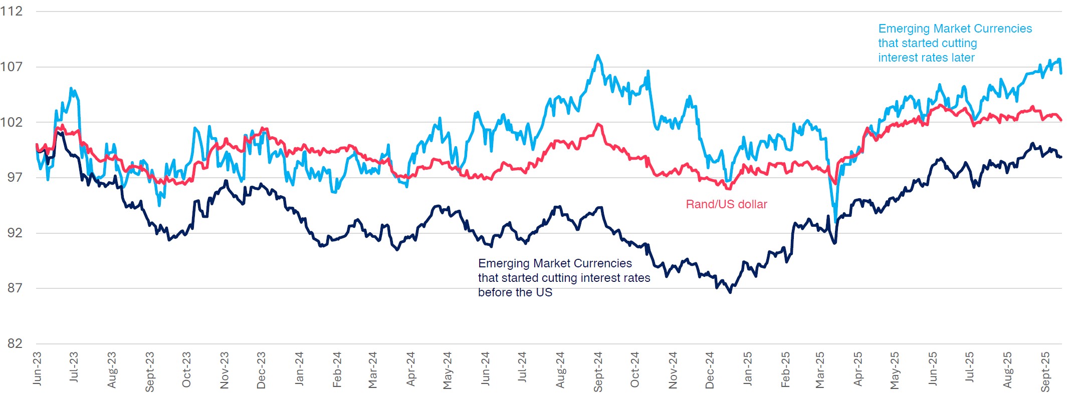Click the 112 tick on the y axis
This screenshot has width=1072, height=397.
pyautogui.click(x=12, y=11)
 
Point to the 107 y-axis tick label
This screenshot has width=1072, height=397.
pyautogui.click(x=12, y=67)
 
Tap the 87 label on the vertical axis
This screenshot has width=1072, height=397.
pyautogui.click(x=15, y=288)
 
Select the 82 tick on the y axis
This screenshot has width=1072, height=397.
pyautogui.click(x=15, y=343)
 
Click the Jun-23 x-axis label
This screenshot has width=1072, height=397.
pyautogui.click(x=37, y=368)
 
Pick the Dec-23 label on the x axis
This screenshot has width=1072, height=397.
pyautogui.click(x=261, y=370)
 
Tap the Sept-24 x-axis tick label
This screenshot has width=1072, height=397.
pyautogui.click(x=597, y=371)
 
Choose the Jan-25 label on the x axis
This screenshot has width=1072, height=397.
pyautogui.click(x=747, y=368)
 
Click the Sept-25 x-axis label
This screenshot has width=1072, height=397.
pyautogui.click(x=1045, y=371)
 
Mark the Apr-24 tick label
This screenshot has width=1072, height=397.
pyautogui.click(x=410, y=369)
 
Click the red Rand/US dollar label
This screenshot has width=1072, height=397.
pyautogui.click(x=726, y=204)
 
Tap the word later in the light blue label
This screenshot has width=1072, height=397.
pyautogui.click(x=963, y=58)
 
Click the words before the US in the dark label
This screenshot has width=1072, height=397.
pyautogui.click(x=515, y=292)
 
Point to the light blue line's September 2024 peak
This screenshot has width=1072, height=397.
pyautogui.click(x=597, y=56)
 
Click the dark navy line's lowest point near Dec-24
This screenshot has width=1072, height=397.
pyautogui.click(x=730, y=292)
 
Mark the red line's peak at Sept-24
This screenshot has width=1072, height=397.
pyautogui.click(x=598, y=124)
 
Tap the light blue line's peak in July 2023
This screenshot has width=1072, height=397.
pyautogui.click(x=72, y=89)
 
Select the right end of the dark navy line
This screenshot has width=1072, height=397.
pyautogui.click(x=1061, y=157)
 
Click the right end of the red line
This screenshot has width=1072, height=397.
pyautogui.click(x=1061, y=120)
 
